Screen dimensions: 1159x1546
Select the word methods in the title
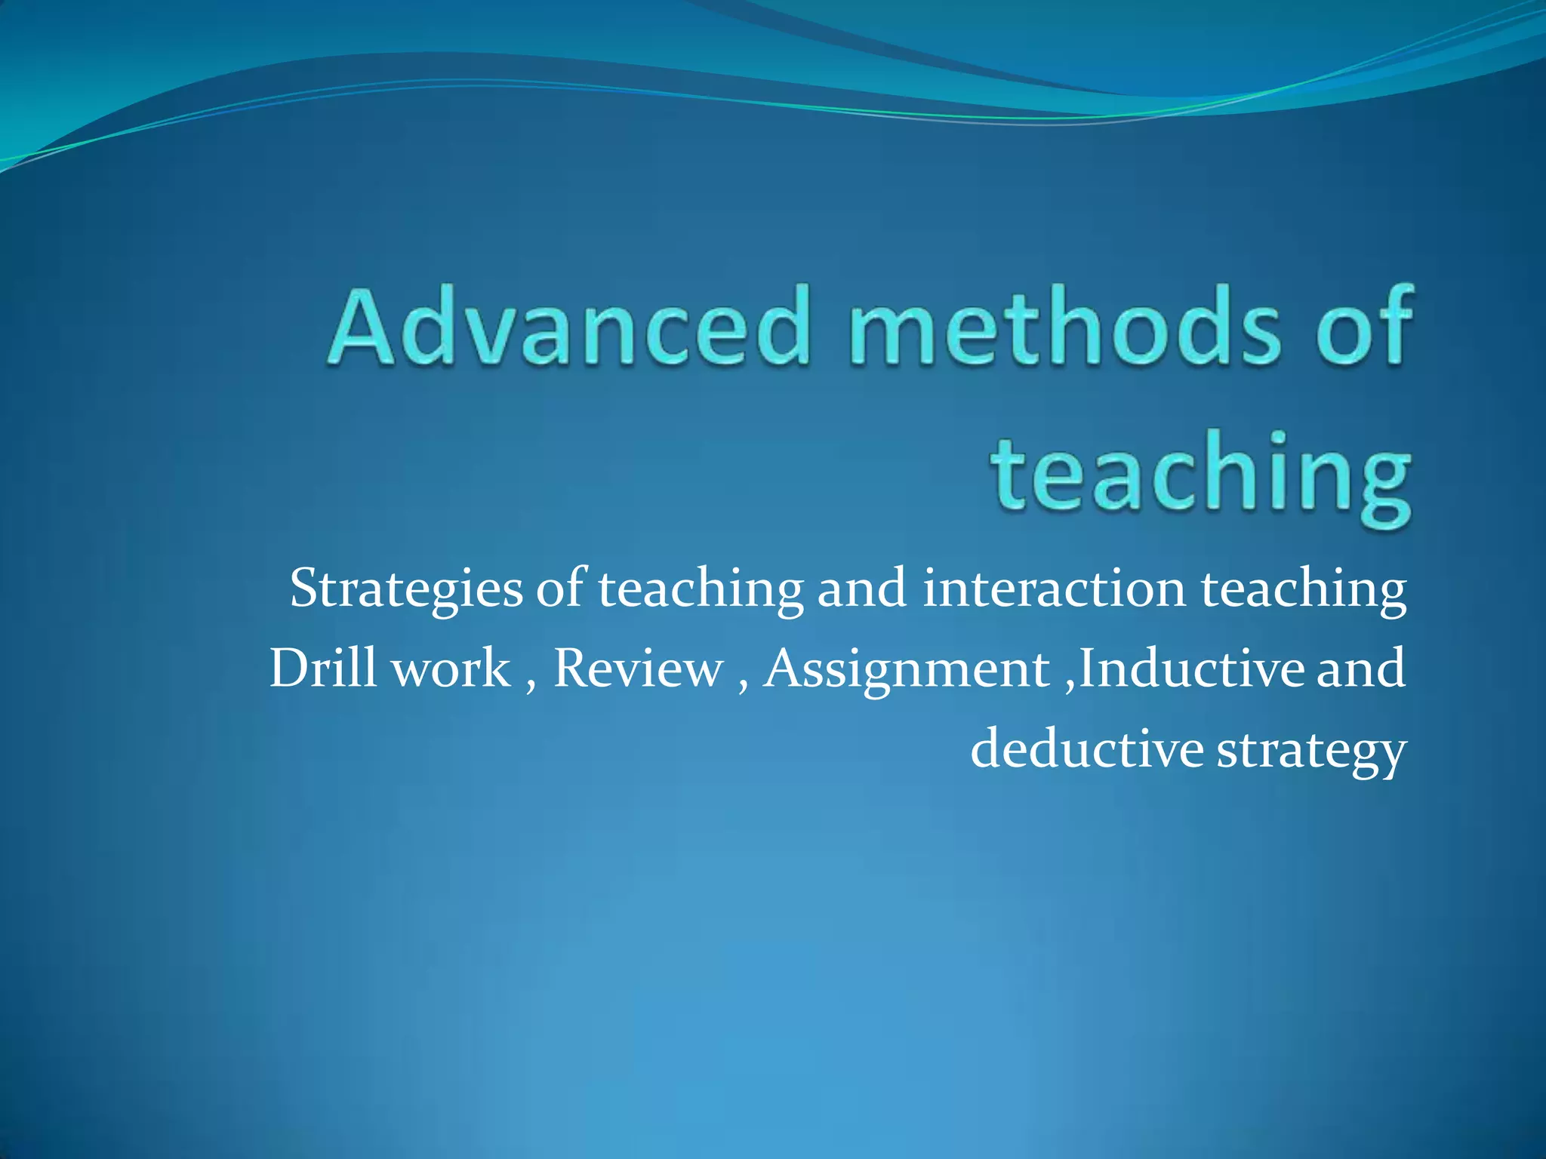pos(1064,326)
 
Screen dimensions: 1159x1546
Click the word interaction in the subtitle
pos(1054,589)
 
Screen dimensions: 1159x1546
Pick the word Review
pos(638,669)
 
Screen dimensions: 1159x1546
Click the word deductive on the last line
pos(1086,750)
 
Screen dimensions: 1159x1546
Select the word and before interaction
pos(861,589)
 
